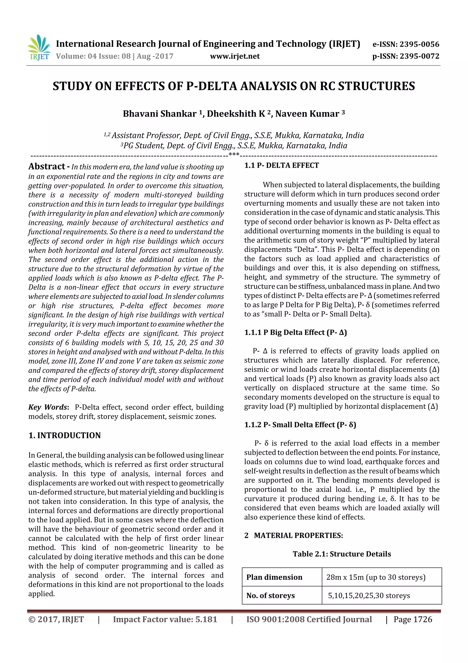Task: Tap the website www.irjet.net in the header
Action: tap(235, 56)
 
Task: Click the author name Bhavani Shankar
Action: tap(160, 114)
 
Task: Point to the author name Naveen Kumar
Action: tap(307, 114)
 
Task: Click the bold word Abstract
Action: tap(47, 167)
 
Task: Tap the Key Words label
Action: tap(48, 407)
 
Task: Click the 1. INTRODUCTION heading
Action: tap(65, 436)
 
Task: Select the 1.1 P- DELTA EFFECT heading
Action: tap(282, 165)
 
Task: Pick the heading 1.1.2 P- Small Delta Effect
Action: tap(300, 425)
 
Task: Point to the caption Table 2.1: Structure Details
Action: tap(342, 554)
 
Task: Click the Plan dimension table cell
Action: tap(274, 577)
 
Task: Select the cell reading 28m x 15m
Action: tap(375, 577)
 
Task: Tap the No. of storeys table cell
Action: tap(271, 595)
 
